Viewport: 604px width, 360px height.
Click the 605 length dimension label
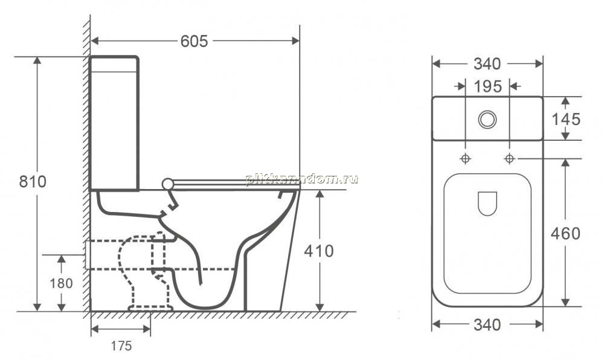point(194,41)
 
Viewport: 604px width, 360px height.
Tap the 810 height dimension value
point(33,181)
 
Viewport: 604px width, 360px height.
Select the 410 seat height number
point(319,251)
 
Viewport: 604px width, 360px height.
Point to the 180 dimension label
point(61,283)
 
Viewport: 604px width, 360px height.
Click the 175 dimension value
point(121,346)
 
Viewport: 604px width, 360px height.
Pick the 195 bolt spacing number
point(487,86)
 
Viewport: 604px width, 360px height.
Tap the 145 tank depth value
point(566,120)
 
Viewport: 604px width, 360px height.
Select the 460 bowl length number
point(565,233)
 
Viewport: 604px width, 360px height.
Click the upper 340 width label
point(487,64)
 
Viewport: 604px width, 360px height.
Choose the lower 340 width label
point(487,325)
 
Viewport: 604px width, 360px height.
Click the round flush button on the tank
point(487,120)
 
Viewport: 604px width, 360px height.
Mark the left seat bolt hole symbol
point(465,158)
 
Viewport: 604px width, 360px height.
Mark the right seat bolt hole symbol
point(510,158)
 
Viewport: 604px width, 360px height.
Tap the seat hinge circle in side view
point(167,184)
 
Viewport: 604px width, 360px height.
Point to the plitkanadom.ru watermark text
point(301,179)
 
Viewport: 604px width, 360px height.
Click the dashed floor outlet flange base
point(150,308)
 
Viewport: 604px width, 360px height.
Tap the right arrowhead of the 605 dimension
point(295,40)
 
